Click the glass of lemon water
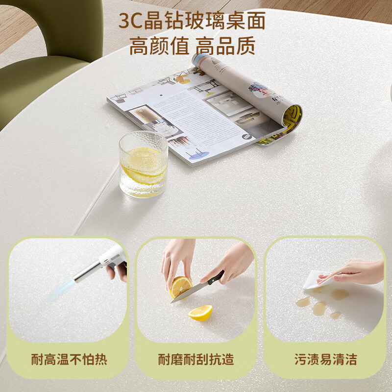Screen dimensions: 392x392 click(x=143, y=164)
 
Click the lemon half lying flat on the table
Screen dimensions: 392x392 click(x=200, y=312)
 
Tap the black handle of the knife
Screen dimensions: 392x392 click(x=216, y=278)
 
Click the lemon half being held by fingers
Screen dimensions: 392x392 click(x=180, y=287)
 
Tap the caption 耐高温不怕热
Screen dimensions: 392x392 click(x=69, y=359)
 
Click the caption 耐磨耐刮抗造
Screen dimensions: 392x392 click(x=196, y=359)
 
